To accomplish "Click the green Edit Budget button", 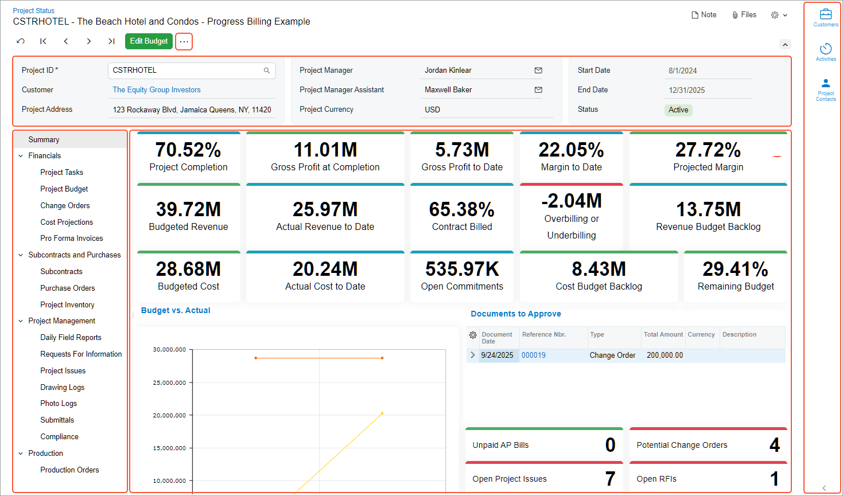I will [x=149, y=41].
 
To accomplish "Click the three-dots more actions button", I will [x=184, y=42].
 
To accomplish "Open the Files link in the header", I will [x=744, y=15].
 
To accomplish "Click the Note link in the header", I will [x=704, y=15].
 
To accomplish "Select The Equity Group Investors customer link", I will [x=157, y=90].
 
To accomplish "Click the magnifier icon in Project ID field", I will [x=267, y=71].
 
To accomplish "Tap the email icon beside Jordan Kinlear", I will [x=538, y=71].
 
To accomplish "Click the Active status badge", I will [x=678, y=110].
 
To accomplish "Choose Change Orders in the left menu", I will [x=65, y=205].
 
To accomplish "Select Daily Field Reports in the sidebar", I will [x=71, y=337].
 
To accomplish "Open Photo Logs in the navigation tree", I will [x=59, y=404].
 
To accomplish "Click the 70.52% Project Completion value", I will [x=188, y=150].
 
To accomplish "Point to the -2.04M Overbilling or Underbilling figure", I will [x=572, y=201].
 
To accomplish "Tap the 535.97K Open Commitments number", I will [x=462, y=269].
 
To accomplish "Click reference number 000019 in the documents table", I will [x=534, y=356].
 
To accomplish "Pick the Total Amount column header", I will [x=663, y=335].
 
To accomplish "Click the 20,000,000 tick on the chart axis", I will [x=169, y=415].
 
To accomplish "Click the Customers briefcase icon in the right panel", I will [x=826, y=14].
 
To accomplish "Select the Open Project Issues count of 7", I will [x=610, y=479].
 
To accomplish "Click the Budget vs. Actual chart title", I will [x=176, y=310].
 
